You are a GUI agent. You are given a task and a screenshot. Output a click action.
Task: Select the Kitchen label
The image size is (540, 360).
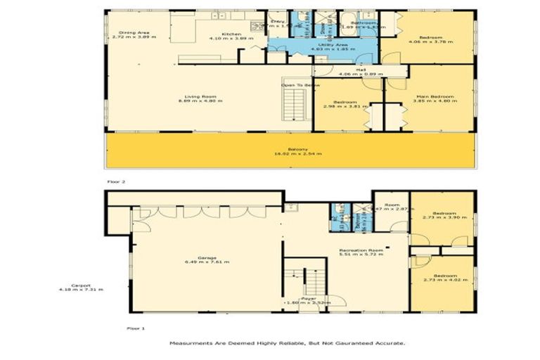click(231, 33)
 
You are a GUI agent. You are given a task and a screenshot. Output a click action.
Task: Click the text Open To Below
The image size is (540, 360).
click(300, 85)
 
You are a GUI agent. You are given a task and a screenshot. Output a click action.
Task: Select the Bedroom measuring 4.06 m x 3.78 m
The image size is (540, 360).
click(430, 37)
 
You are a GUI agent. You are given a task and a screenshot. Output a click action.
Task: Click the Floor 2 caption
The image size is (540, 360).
click(115, 181)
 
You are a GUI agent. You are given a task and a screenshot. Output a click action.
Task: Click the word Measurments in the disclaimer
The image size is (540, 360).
click(191, 343)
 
